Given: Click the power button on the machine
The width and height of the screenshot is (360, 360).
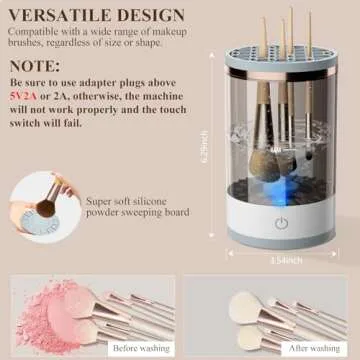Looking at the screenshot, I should click(282, 224).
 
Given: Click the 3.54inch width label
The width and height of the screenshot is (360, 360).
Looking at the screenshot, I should click(284, 260).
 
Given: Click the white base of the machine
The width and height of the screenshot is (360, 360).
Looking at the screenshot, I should click(283, 229).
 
